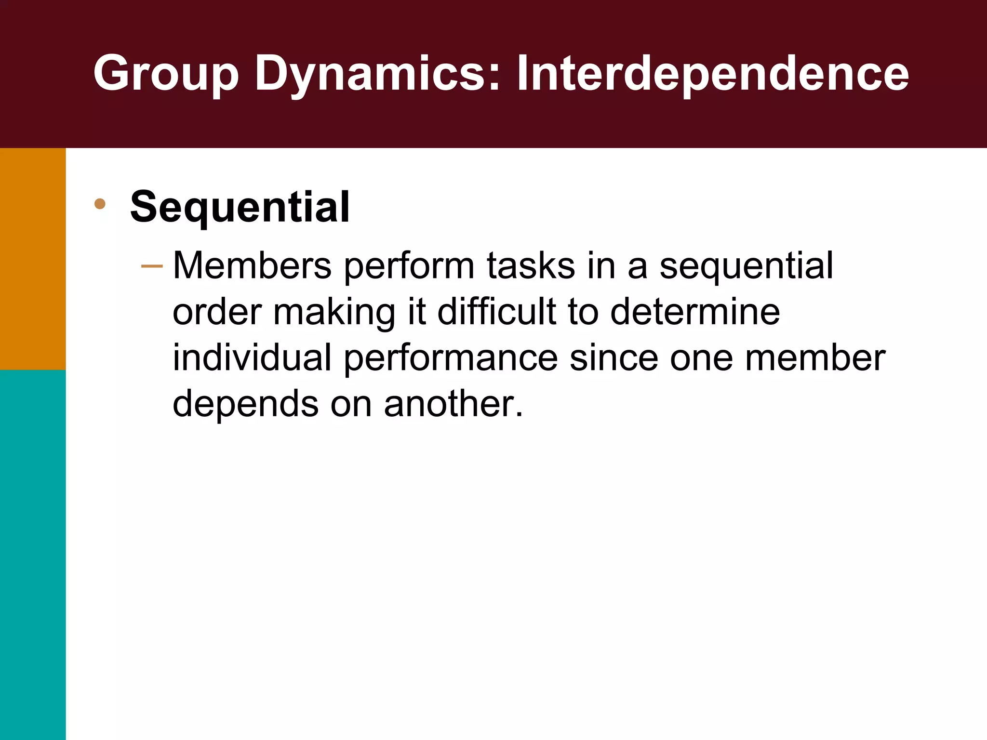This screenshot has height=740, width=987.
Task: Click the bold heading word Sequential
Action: pyautogui.click(x=240, y=207)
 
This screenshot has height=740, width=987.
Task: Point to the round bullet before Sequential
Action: pyautogui.click(x=100, y=204)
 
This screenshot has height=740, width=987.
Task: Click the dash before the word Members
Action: pyautogui.click(x=152, y=266)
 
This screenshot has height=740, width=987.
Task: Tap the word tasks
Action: pyautogui.click(x=531, y=266)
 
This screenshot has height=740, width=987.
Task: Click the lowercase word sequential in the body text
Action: pyautogui.click(x=746, y=266)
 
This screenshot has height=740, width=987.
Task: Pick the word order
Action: pyautogui.click(x=217, y=312)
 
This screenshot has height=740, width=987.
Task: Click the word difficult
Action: pyautogui.click(x=496, y=312)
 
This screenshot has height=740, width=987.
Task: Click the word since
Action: pyautogui.click(x=614, y=357)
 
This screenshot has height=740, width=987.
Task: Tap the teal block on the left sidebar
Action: pyautogui.click(x=33, y=554)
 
